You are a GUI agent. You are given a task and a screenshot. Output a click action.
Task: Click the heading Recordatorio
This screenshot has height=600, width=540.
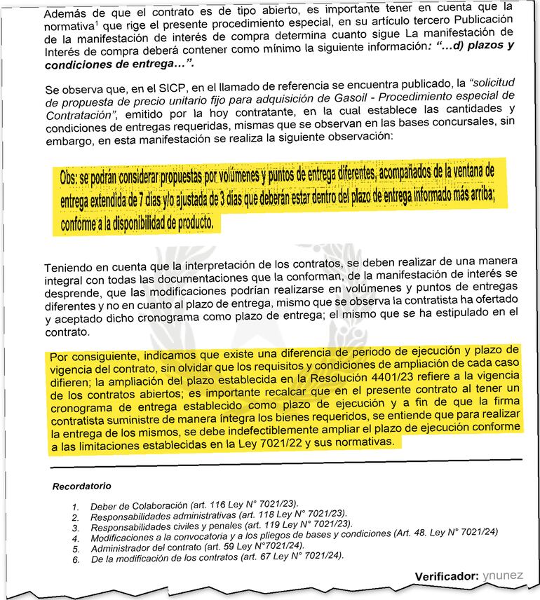pyautogui.click(x=81, y=485)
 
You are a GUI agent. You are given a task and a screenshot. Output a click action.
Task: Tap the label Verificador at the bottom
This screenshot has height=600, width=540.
pyautogui.click(x=445, y=575)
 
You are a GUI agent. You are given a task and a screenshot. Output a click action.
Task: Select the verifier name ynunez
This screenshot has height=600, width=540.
pyautogui.click(x=502, y=575)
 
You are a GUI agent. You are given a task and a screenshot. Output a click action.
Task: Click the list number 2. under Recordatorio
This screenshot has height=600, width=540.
pyautogui.click(x=76, y=516)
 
